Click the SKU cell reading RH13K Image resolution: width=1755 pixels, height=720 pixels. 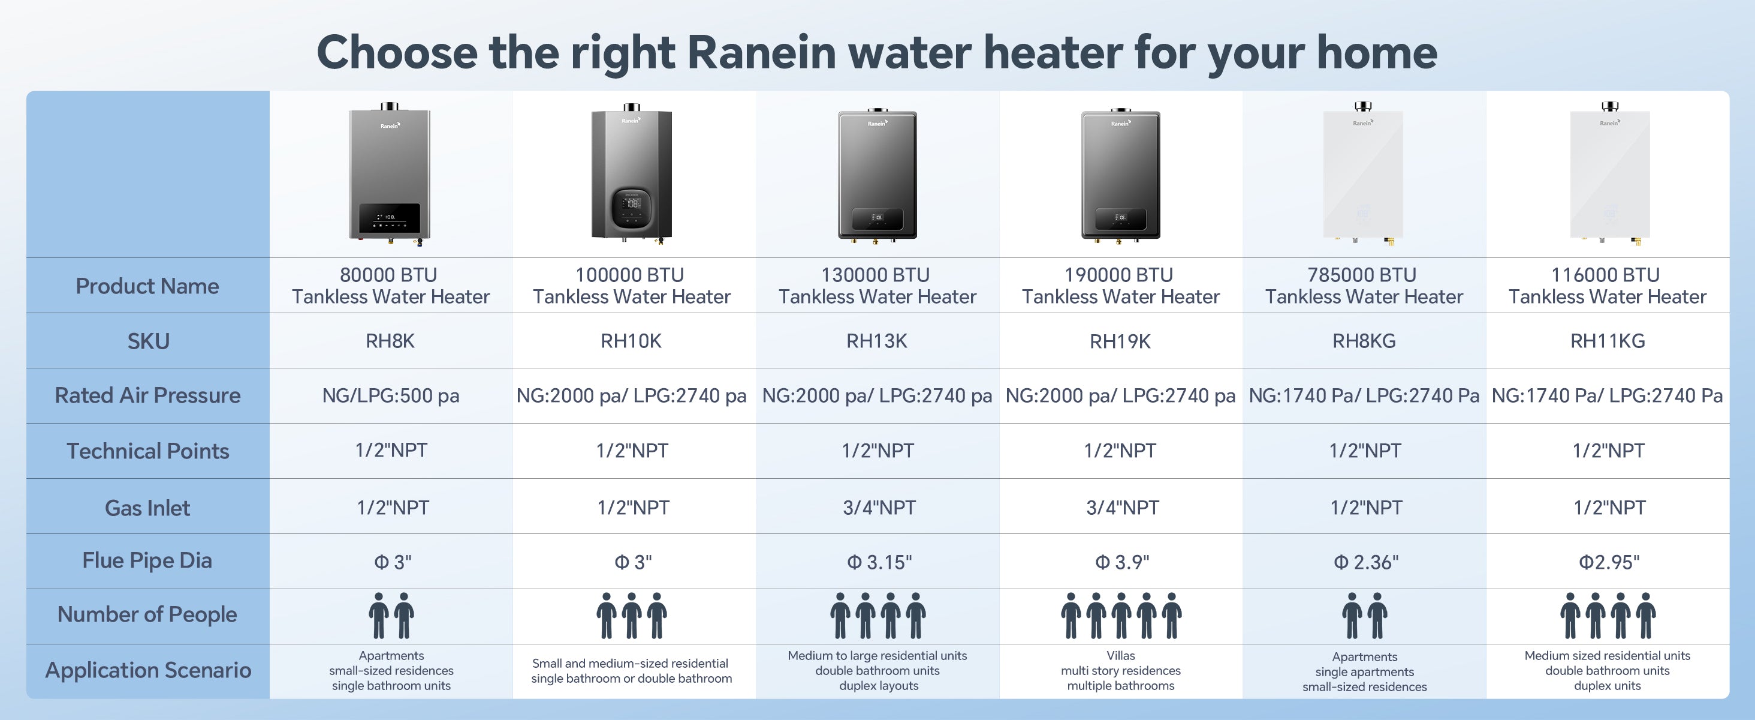[877, 341]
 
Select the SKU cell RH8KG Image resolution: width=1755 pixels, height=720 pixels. [1364, 341]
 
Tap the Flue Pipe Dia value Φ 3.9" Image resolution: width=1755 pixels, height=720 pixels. [1121, 562]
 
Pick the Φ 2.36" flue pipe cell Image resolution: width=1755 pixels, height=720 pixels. [1365, 562]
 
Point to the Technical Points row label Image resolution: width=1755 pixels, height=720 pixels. [148, 451]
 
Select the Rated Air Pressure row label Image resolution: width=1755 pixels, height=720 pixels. [148, 395]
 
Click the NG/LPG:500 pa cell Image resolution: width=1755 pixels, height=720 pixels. [391, 395]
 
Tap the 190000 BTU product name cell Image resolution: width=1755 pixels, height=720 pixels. [1121, 286]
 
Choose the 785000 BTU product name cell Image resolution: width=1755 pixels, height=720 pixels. [1364, 286]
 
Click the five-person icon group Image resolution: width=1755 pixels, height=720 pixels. [1121, 616]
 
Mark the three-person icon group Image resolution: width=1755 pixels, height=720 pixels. [632, 616]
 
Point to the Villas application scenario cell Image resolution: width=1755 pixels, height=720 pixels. [1121, 671]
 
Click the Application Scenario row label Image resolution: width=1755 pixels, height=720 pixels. [148, 671]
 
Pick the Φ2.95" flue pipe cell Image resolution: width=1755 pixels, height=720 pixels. [1609, 562]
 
